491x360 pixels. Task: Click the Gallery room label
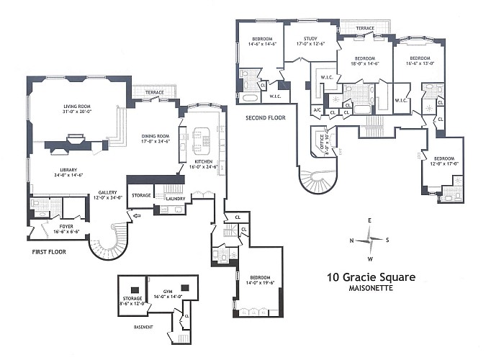click(x=108, y=192)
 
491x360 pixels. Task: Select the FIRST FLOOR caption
click(x=51, y=253)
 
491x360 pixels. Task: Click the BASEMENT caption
click(x=143, y=326)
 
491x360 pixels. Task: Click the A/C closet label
click(x=317, y=109)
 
